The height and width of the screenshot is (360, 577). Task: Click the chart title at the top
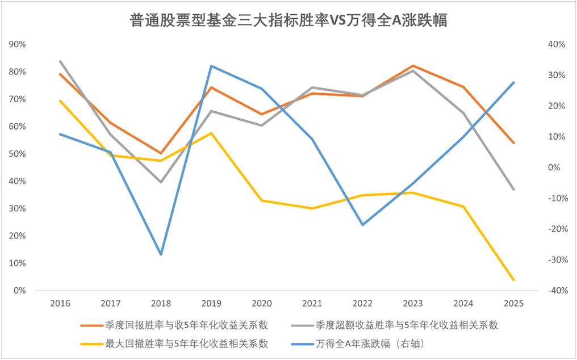pyautogui.click(x=288, y=20)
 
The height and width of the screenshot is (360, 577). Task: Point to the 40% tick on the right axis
pyautogui.click(x=554, y=44)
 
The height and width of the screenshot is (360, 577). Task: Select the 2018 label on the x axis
pyautogui.click(x=161, y=303)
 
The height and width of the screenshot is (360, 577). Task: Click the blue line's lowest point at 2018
pyautogui.click(x=161, y=254)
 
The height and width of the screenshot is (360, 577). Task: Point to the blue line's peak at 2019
pyautogui.click(x=211, y=66)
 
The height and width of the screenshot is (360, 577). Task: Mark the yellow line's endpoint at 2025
pyautogui.click(x=514, y=280)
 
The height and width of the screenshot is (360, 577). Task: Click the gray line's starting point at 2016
pyautogui.click(x=60, y=61)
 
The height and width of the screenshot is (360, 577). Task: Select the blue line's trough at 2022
pyautogui.click(x=362, y=225)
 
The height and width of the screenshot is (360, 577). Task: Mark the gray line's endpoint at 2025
pyautogui.click(x=514, y=189)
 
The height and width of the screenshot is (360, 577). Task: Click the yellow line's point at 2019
pyautogui.click(x=211, y=133)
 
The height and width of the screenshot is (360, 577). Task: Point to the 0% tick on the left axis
pyautogui.click(x=20, y=291)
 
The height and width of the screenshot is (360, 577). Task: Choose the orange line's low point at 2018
pyautogui.click(x=161, y=153)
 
